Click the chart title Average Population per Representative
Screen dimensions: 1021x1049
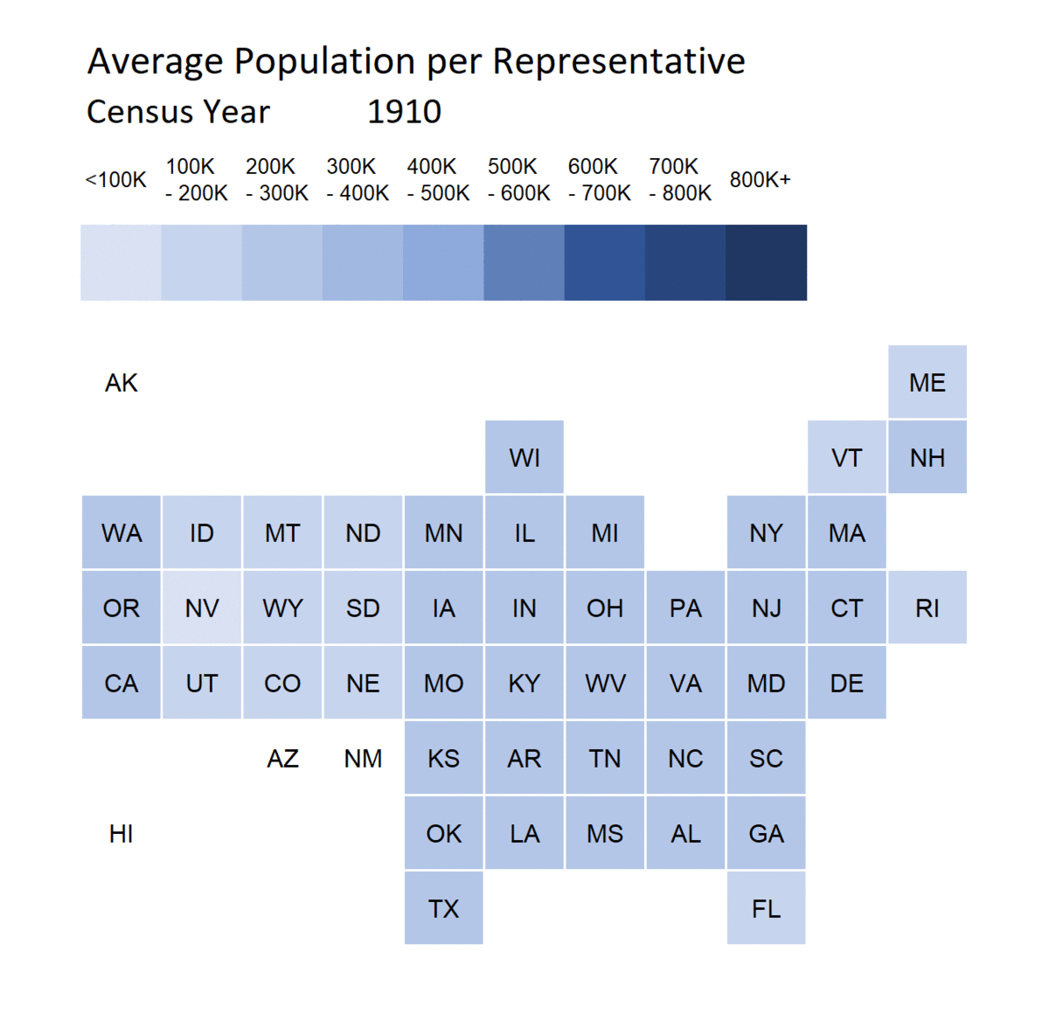point(416,62)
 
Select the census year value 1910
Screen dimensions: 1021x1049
point(404,112)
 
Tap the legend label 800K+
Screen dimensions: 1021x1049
point(760,179)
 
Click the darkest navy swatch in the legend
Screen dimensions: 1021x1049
point(766,262)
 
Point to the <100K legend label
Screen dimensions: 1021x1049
point(115,180)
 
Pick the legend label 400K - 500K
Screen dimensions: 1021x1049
point(438,179)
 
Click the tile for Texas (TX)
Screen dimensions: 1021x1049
point(443,908)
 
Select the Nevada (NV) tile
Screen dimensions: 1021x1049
point(201,608)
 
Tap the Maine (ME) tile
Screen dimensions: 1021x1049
point(927,382)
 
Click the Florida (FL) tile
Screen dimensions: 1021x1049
point(766,908)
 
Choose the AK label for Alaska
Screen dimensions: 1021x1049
point(122,383)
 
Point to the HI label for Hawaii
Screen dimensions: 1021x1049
point(122,834)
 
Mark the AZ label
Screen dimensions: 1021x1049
point(282,758)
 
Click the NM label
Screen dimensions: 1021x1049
point(363,758)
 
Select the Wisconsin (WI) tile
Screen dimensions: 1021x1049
point(524,457)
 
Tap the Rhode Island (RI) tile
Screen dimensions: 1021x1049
point(927,608)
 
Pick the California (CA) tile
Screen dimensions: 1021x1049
point(122,683)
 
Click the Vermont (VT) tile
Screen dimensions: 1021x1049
point(846,457)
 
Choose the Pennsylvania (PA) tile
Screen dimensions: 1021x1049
point(685,608)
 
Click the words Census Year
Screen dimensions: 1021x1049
point(178,112)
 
